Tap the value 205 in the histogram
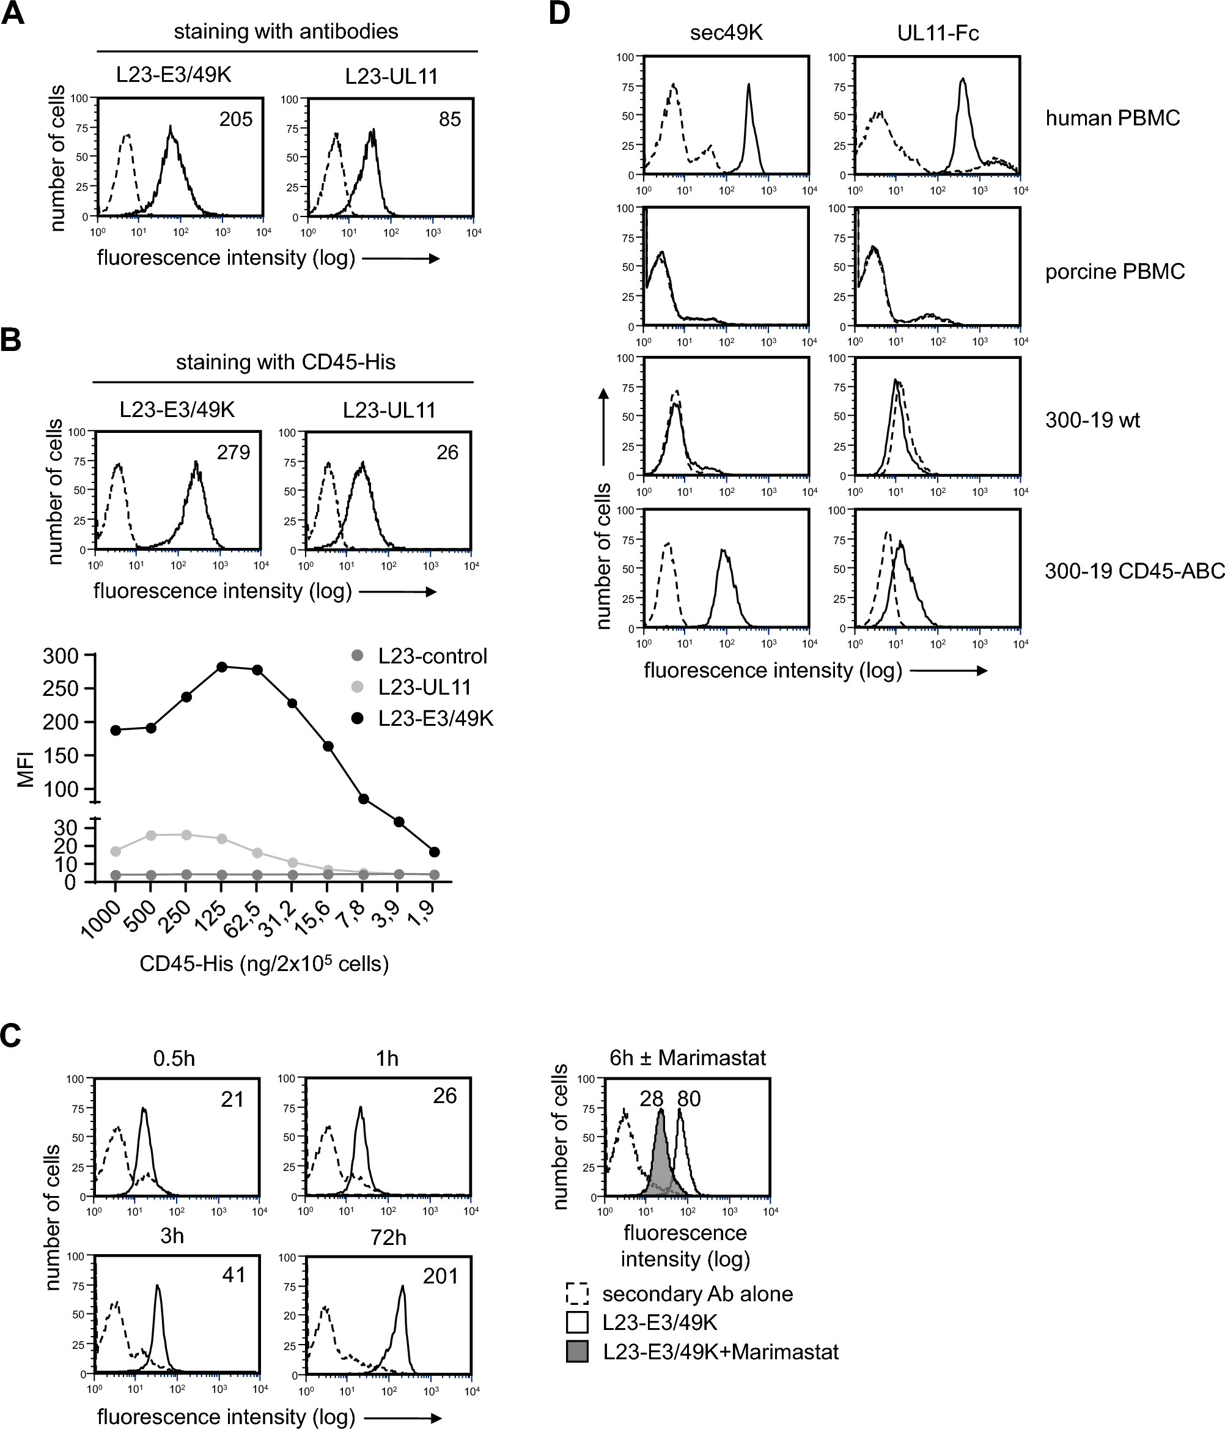pos(236,119)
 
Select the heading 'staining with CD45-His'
pos(285,362)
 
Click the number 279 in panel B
pos(233,452)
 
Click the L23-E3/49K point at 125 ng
pos(222,667)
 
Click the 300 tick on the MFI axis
pos(60,655)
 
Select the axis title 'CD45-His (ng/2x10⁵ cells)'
pos(264,963)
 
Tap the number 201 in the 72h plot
pos(441,1276)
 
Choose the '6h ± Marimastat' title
pos(687,1058)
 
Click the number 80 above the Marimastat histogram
pos(689,1099)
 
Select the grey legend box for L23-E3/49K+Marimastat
pos(577,1352)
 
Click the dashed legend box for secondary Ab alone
pos(577,1294)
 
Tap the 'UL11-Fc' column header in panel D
pos(938,33)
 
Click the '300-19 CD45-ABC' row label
pos(1135,571)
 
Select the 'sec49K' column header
pos(726,33)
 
